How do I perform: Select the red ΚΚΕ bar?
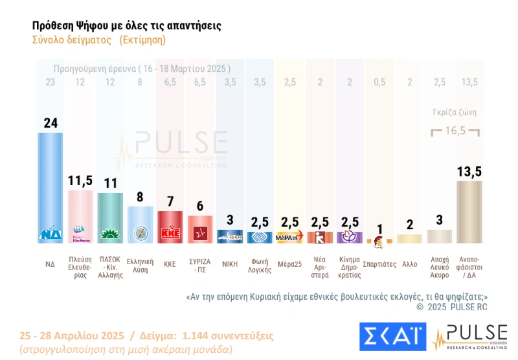tap(170, 223)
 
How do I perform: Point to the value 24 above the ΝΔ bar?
tap(51, 123)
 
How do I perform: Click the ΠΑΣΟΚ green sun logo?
tap(111, 236)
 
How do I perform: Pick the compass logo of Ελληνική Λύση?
tap(141, 234)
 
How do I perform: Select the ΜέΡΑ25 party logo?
tap(289, 237)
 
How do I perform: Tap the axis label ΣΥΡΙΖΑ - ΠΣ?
tap(200, 265)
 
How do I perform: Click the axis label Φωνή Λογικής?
tap(260, 265)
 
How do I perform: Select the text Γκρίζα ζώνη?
tap(455, 111)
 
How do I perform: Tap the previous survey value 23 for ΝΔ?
tap(51, 82)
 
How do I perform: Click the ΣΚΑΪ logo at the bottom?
tap(392, 337)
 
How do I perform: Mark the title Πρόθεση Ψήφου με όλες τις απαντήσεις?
tap(126, 25)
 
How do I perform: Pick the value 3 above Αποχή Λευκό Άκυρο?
tap(439, 219)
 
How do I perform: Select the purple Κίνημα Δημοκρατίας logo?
tap(350, 237)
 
